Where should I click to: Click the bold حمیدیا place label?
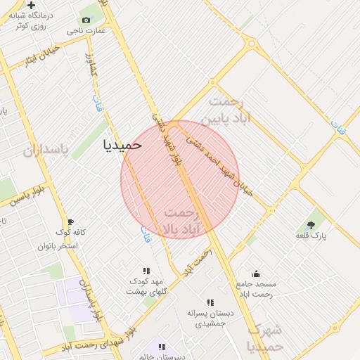(122, 145)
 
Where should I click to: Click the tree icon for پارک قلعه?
(311, 225)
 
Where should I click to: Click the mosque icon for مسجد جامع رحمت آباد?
(256, 274)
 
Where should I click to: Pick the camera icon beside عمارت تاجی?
(86, 20)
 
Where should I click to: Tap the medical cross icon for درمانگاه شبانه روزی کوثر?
(31, 6)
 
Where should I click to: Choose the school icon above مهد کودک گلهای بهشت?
(146, 271)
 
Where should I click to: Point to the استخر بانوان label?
(58, 246)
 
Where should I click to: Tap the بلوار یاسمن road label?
(28, 196)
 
